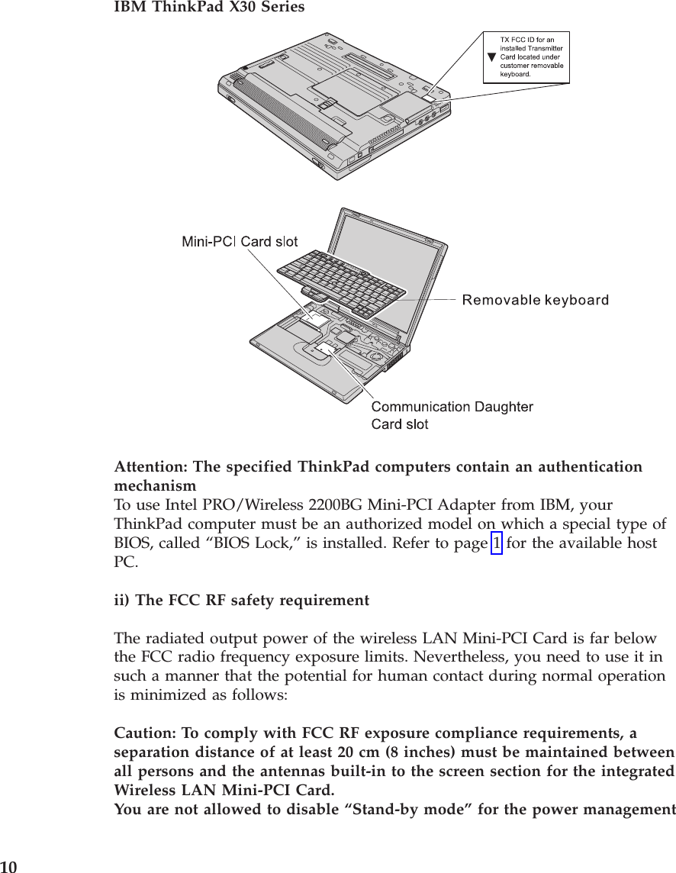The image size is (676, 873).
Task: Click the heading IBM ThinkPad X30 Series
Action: click(x=208, y=8)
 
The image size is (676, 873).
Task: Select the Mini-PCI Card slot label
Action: click(x=239, y=242)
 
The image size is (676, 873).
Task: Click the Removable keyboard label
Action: click(x=536, y=300)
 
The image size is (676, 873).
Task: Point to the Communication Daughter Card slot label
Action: click(x=452, y=414)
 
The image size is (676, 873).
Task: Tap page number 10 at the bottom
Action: click(x=8, y=866)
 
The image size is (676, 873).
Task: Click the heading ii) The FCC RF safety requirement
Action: click(x=241, y=601)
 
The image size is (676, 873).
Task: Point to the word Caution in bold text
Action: click(x=143, y=733)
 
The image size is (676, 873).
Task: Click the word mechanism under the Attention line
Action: click(x=155, y=486)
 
